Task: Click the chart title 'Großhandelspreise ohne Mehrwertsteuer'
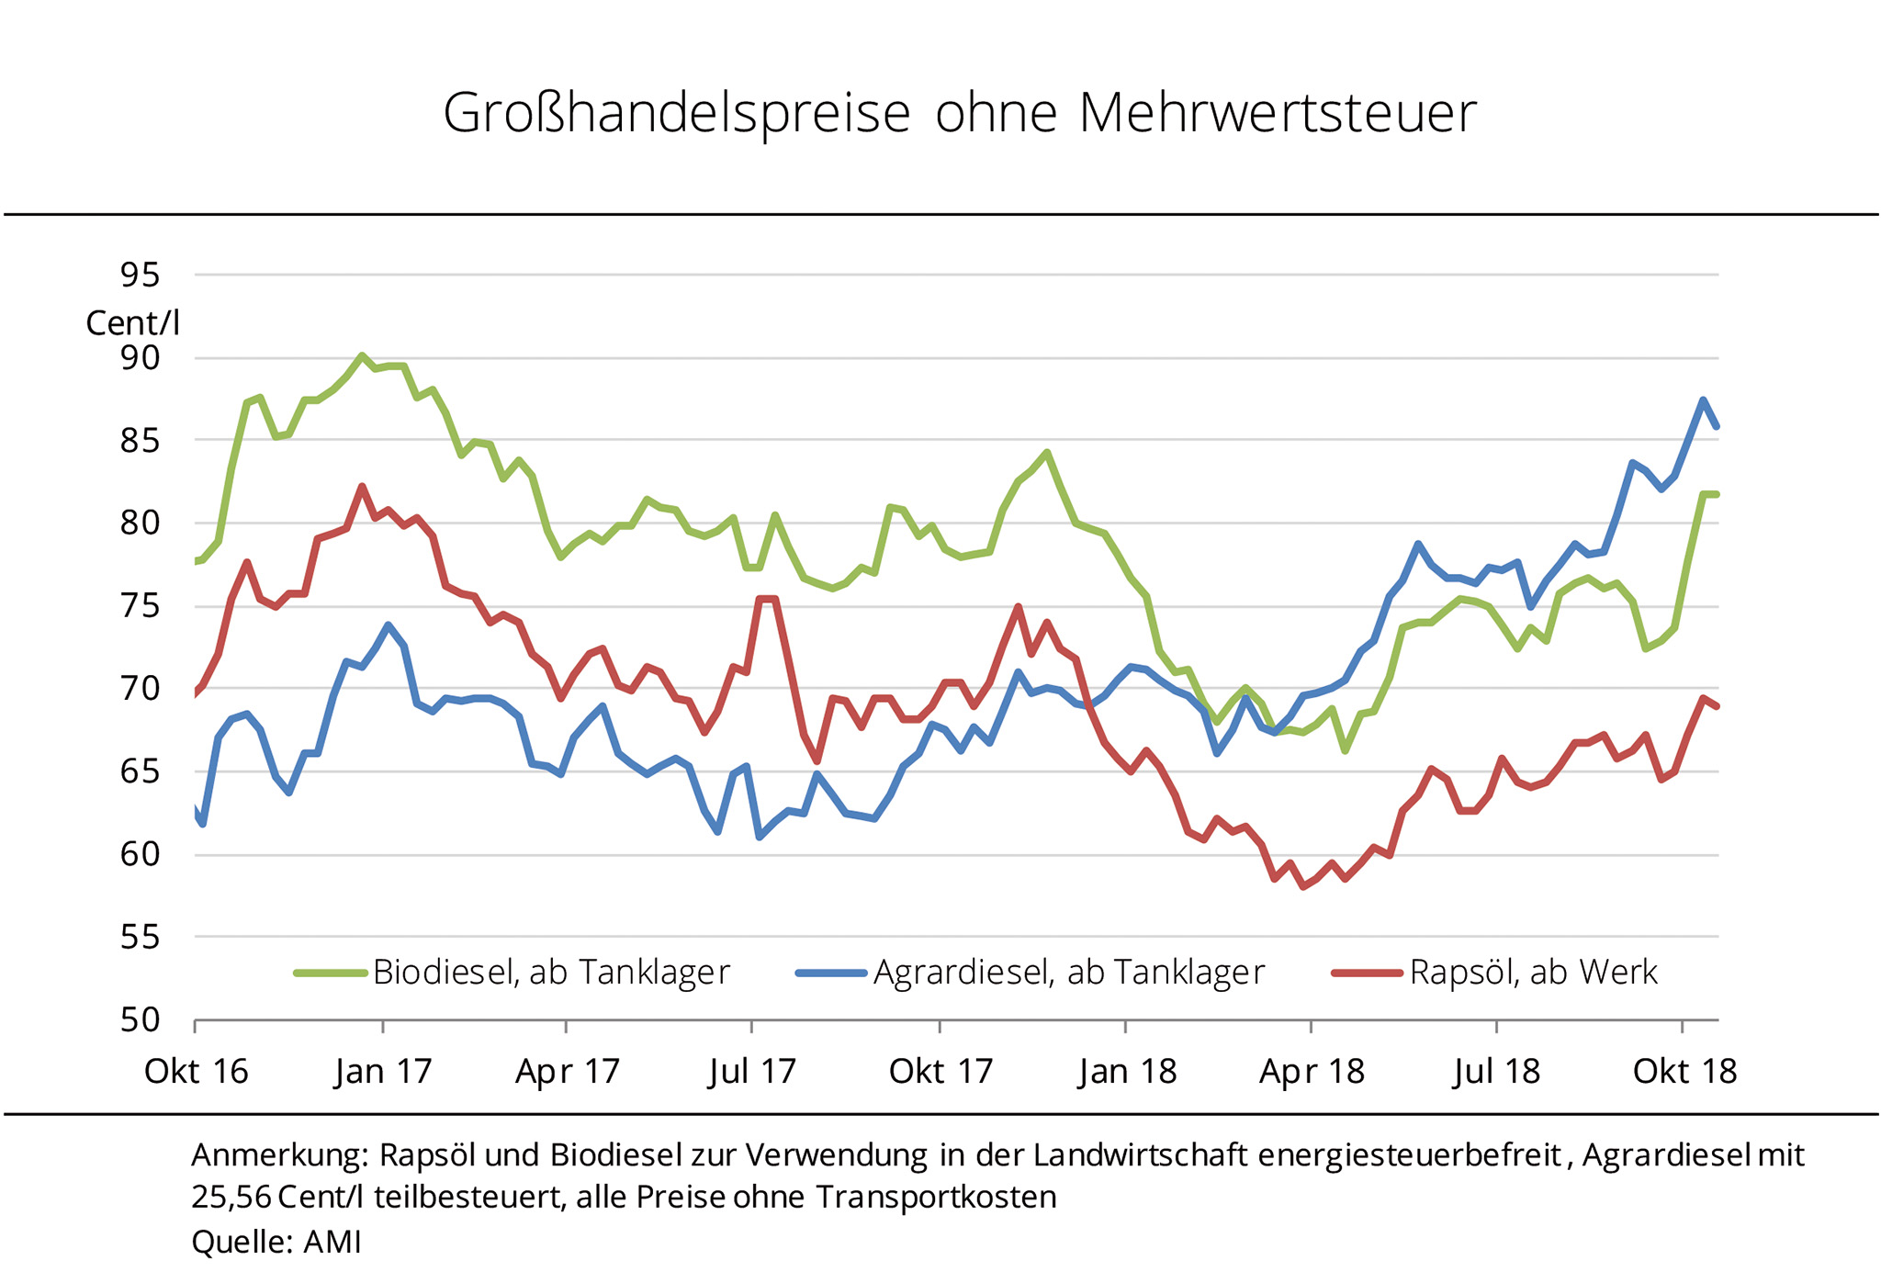(x=960, y=114)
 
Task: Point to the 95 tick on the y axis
(x=140, y=275)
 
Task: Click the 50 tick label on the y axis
(x=140, y=1019)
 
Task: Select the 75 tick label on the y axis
(x=140, y=606)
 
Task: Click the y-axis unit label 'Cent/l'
(x=132, y=323)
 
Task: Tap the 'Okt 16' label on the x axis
(x=197, y=1072)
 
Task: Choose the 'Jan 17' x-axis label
(x=383, y=1072)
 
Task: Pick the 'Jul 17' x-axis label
(x=752, y=1072)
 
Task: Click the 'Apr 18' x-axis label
(x=1312, y=1072)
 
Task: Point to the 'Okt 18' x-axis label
(x=1684, y=1072)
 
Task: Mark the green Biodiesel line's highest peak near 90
(x=362, y=355)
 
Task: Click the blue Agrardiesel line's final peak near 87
(x=1703, y=400)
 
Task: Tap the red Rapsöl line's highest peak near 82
(x=362, y=487)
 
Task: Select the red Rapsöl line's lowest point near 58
(x=1303, y=887)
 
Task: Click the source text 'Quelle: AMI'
(x=276, y=1243)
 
